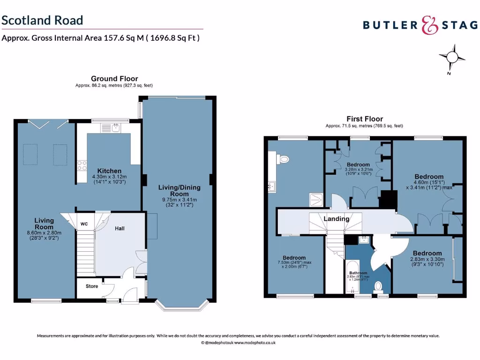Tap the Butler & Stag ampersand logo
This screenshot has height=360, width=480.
click(429, 25)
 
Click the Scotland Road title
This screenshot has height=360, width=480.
click(42, 20)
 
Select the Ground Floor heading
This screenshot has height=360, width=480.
click(114, 79)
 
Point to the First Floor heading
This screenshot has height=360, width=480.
click(365, 119)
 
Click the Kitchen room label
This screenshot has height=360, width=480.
click(109, 171)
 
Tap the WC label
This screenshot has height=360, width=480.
click(85, 224)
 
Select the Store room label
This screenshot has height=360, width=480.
click(92, 286)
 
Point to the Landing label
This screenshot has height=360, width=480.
click(337, 219)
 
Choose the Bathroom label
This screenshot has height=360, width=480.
click(358, 273)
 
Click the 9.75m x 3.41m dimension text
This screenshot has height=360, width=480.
click(179, 202)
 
